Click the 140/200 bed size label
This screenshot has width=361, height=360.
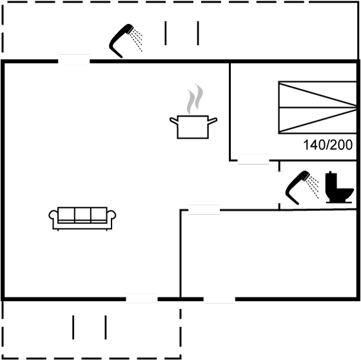pos(327,145)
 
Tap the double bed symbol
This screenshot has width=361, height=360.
pos(318,107)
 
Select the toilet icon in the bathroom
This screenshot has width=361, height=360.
pos(339,187)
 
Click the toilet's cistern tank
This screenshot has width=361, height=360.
pos(331,181)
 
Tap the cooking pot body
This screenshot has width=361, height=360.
pos(193,127)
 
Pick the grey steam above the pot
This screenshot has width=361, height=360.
pos(195,99)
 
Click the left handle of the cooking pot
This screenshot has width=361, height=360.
pos(173,121)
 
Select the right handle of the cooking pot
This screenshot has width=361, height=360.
pos(213,121)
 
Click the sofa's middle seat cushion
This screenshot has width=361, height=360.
pos(83,214)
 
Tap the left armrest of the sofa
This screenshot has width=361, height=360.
pos(53,215)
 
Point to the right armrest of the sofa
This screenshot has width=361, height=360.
pos(112,215)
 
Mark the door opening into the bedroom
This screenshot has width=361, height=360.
pos(253,159)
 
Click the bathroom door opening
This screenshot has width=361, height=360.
pos(279,187)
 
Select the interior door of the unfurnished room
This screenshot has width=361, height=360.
pos(204,210)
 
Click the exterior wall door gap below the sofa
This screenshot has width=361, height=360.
pos(142,298)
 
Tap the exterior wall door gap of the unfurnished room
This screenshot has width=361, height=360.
pos(219,299)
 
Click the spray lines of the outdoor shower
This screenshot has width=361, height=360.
pos(136,41)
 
